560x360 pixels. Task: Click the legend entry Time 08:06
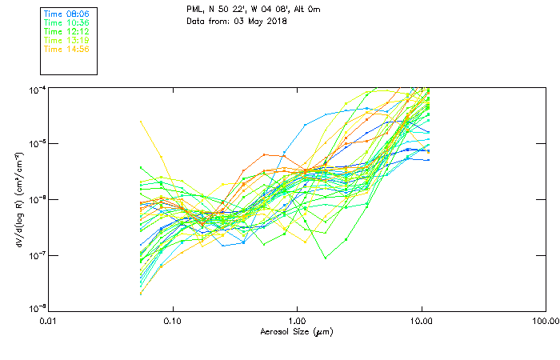click(66, 14)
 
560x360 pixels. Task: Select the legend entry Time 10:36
click(66, 23)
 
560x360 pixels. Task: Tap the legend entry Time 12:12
click(66, 32)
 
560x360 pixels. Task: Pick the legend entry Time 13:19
click(66, 40)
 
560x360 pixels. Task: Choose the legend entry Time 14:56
click(66, 49)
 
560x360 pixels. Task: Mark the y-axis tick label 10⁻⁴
click(37, 89)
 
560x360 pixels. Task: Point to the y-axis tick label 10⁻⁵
click(37, 144)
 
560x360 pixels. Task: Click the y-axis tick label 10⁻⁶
click(37, 199)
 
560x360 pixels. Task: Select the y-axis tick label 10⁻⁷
click(37, 255)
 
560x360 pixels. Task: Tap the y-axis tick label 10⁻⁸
click(37, 310)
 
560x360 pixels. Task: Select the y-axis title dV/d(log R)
click(18, 199)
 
